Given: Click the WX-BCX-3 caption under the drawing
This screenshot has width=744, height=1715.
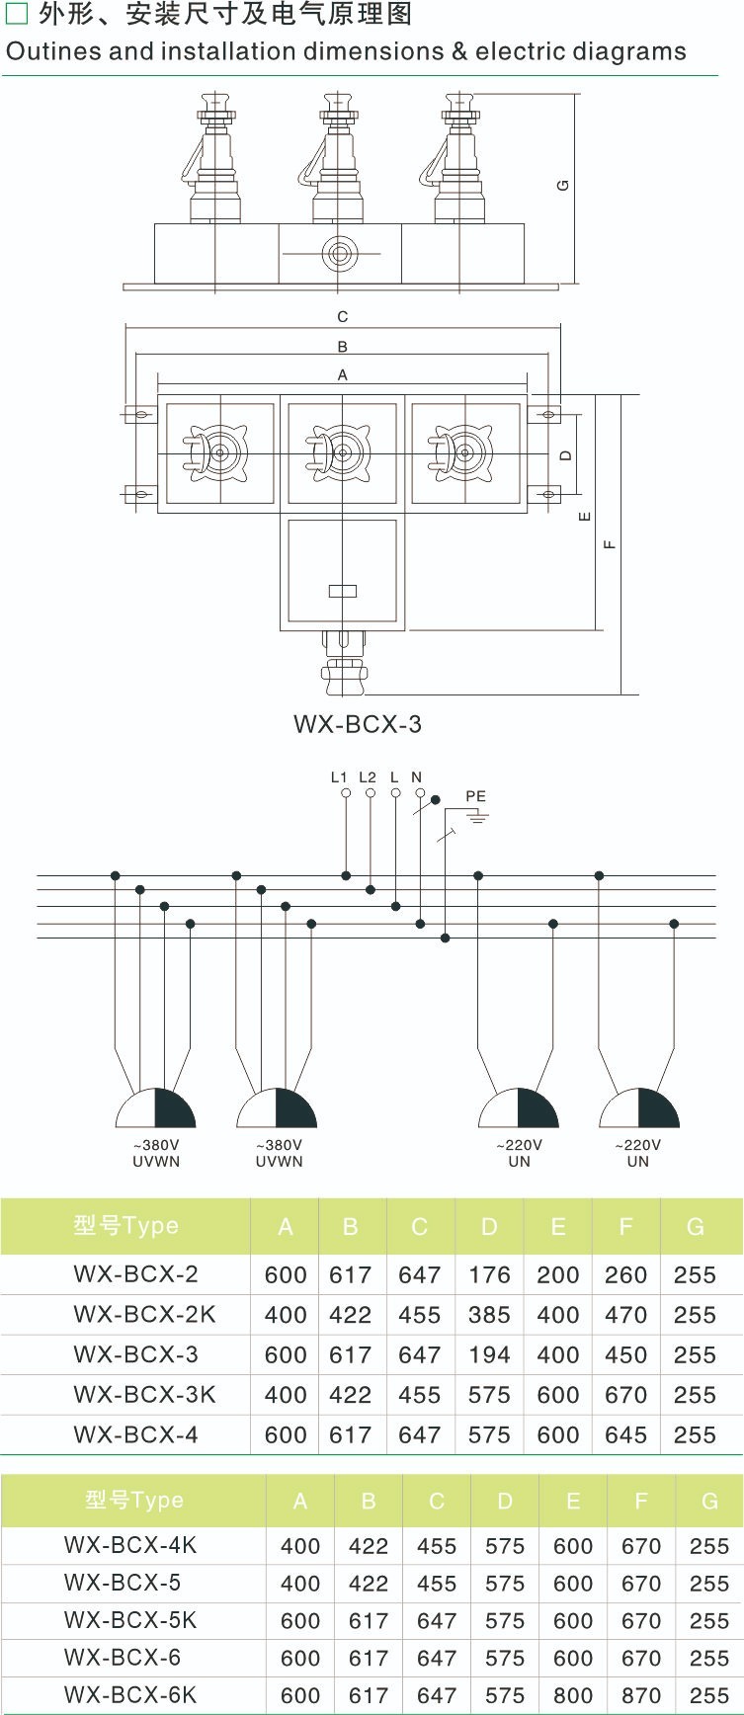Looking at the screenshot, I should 357,724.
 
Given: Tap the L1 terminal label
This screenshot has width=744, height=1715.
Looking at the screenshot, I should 339,777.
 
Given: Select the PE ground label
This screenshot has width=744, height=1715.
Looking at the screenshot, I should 475,796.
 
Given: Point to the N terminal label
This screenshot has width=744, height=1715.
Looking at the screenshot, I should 416,777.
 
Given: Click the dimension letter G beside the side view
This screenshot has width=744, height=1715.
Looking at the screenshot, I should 562,185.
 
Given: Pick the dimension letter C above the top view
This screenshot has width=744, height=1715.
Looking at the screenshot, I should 342,317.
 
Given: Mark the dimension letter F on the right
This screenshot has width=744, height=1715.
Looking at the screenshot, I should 610,543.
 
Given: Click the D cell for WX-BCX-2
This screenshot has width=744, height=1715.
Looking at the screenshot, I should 489,1275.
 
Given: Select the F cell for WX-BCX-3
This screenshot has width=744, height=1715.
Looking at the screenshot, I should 625,1355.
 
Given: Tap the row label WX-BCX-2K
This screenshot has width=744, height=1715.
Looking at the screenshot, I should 144,1315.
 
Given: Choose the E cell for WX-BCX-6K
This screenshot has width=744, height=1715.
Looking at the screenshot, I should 573,1696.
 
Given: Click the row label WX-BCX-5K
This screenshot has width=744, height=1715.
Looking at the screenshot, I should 130,1621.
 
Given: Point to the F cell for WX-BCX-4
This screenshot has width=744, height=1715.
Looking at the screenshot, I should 625,1434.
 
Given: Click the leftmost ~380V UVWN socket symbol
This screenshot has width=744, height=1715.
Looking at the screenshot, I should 156,1109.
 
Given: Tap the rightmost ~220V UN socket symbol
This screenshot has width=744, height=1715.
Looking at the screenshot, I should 638,1109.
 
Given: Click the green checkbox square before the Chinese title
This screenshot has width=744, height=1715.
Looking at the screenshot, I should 17,14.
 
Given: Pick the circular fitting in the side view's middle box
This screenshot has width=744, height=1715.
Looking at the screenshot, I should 340,254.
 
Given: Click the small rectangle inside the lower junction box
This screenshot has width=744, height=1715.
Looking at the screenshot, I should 342,591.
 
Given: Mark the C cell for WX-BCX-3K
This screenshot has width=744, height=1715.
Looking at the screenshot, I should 419,1395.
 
